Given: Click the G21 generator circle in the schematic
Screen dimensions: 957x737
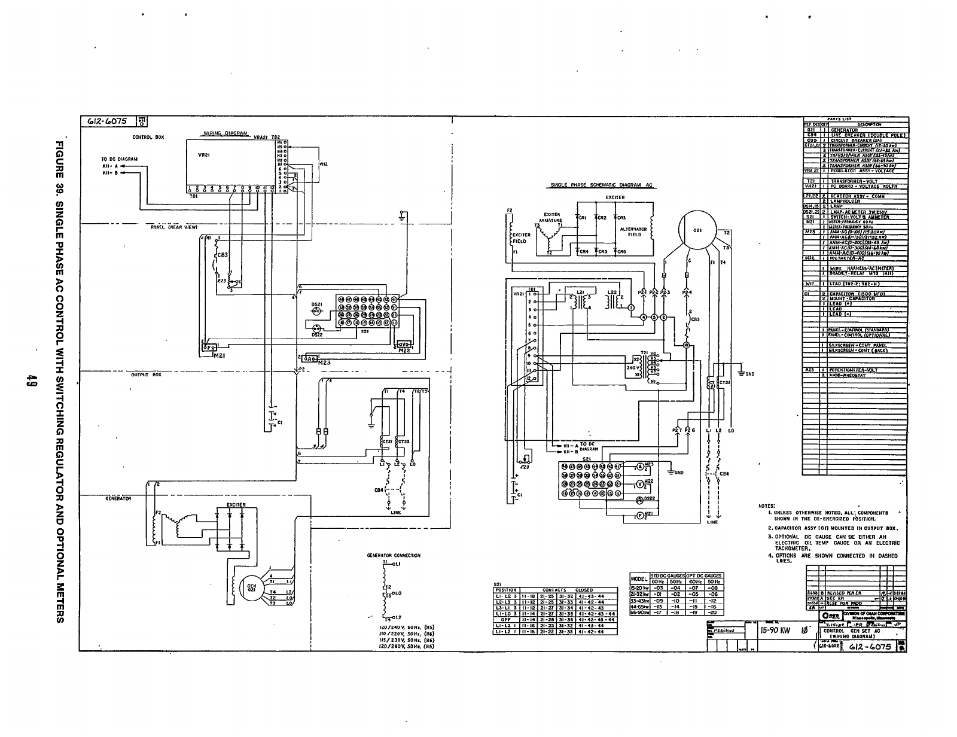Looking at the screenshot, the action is pos(697,230).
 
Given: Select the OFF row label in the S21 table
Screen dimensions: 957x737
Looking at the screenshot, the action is pos(505,620).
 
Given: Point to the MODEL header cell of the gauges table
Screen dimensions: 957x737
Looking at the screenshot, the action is pos(639,578).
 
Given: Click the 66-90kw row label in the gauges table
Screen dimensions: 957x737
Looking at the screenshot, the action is pos(639,613).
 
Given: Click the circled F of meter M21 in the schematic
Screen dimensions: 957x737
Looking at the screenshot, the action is pos(639,516).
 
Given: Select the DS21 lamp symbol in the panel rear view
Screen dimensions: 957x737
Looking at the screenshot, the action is pos(317,310).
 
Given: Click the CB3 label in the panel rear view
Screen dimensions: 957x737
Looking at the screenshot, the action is pos(221,254).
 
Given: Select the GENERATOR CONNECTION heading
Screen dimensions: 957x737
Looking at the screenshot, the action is pos(393,556).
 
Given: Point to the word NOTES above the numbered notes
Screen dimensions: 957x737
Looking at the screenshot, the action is pos(767,505).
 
